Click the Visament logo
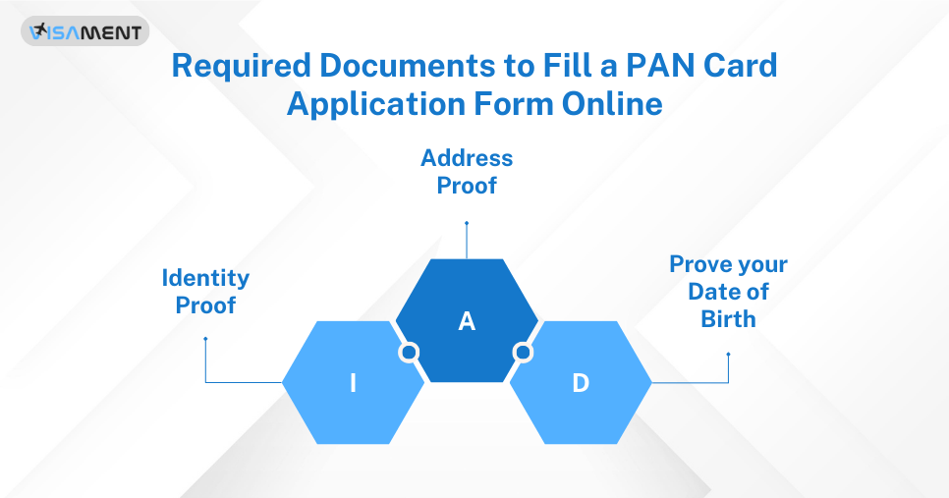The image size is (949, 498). [x=85, y=31]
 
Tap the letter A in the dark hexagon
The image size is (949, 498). [x=467, y=321]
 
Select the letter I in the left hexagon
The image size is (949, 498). [x=353, y=383]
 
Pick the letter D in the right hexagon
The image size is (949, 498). [x=581, y=383]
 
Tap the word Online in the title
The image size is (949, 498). [x=613, y=103]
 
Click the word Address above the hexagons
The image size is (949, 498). [x=467, y=157]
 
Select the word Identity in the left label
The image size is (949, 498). [x=205, y=279]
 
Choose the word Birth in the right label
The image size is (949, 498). [x=728, y=318]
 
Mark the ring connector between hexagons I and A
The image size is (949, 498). [x=409, y=352]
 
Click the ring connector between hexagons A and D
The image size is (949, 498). [x=524, y=352]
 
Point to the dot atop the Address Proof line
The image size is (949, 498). [x=467, y=223]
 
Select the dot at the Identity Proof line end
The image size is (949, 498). [x=205, y=339]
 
